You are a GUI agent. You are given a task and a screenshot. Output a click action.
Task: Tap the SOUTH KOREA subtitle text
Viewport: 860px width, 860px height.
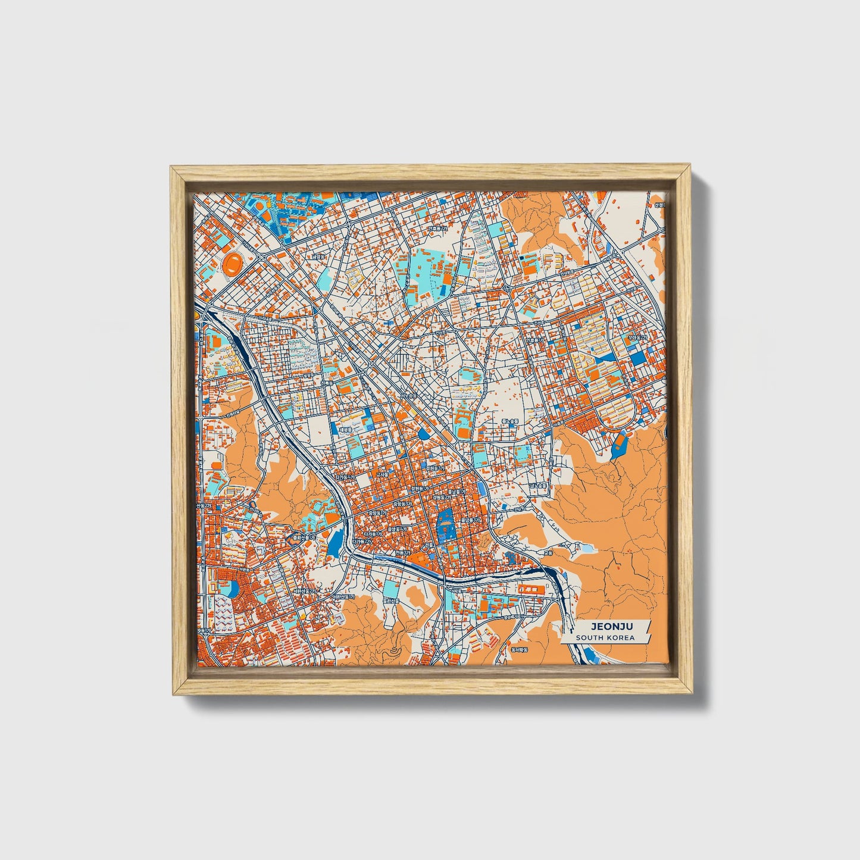[605, 637]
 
